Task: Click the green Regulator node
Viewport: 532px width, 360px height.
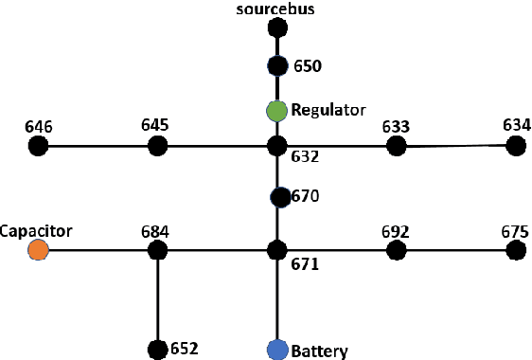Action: pos(276,111)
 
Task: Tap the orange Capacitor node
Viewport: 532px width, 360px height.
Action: pos(38,250)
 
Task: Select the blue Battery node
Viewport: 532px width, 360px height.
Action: pos(276,350)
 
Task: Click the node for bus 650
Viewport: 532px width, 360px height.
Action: pos(276,66)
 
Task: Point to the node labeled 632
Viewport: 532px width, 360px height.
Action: pos(276,146)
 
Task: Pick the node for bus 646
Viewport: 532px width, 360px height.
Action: pos(38,146)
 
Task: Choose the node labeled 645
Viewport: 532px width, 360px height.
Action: pos(157,146)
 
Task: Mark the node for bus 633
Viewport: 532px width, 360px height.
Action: pos(397,146)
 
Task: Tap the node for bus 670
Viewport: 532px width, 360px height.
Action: pos(279,197)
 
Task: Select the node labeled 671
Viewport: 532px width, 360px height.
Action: pos(276,250)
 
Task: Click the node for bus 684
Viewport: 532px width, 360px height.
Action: pos(157,250)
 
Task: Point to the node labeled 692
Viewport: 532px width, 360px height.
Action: pos(397,250)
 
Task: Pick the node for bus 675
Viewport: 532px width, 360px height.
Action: pos(516,250)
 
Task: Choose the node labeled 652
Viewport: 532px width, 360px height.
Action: pos(157,350)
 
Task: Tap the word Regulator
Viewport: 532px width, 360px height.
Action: pos(328,110)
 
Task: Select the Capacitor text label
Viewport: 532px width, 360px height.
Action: pos(36,230)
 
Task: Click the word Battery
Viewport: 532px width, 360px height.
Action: pos(319,351)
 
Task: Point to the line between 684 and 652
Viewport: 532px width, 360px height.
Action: pos(157,299)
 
